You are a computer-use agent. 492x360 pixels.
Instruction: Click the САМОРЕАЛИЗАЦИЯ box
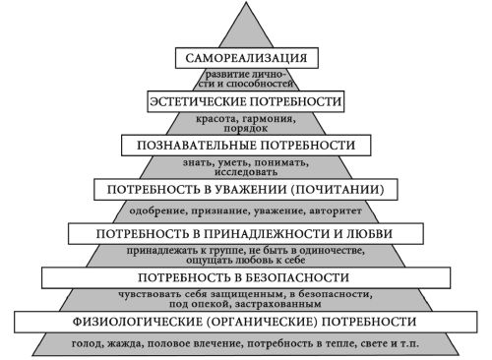[247, 57]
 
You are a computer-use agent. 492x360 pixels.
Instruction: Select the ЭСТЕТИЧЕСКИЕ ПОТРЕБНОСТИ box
[247, 101]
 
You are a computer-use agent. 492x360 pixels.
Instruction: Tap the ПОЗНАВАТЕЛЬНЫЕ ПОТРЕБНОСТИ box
[247, 145]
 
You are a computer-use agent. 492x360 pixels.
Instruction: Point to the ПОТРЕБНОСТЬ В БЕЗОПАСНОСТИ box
[246, 278]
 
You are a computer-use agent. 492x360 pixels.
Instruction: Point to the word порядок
[247, 128]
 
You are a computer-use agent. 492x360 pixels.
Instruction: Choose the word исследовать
[247, 172]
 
